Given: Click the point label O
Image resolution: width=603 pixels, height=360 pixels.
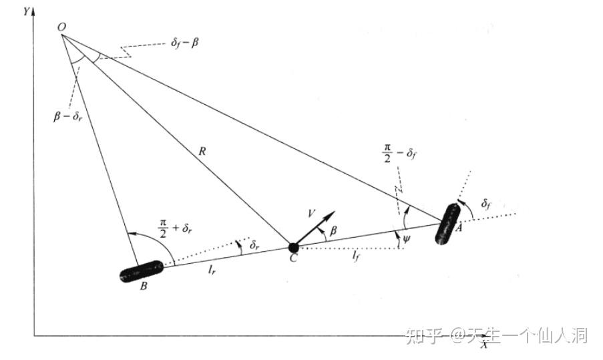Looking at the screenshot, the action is tap(61, 27).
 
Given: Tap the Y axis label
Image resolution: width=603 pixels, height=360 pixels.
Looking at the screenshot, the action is tap(25, 11).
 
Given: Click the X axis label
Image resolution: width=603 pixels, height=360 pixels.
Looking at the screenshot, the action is tap(485, 344).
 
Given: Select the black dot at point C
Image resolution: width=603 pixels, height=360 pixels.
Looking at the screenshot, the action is tap(293, 248).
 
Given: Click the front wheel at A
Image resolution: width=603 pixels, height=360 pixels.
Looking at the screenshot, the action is tap(447, 222).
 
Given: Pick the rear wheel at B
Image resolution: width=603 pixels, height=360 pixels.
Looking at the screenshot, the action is tap(141, 272).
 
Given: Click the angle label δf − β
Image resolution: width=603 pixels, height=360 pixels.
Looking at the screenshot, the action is tap(184, 43).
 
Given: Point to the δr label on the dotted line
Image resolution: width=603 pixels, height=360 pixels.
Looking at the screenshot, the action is tap(254, 246).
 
